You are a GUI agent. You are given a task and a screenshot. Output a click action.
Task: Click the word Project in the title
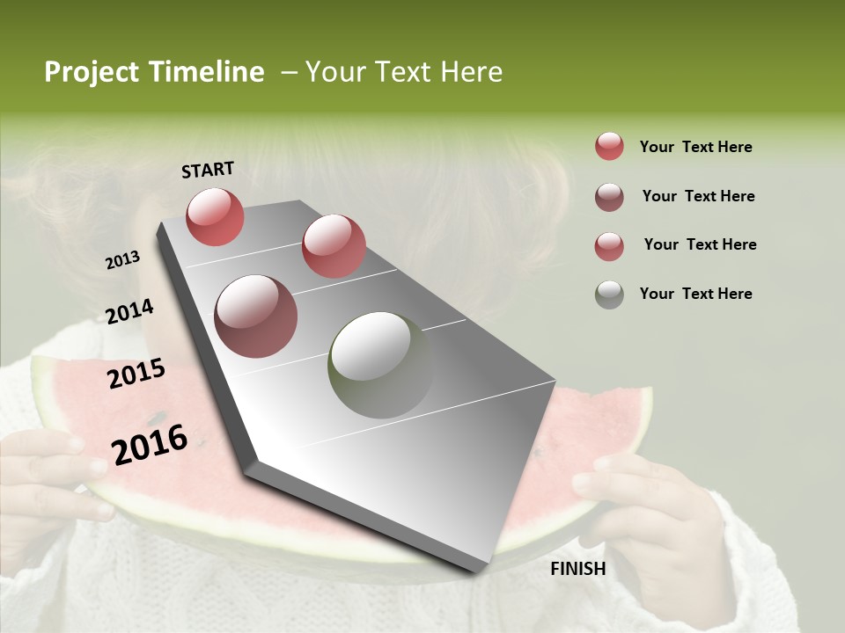[x=89, y=72]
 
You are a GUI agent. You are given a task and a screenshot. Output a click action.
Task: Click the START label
[x=208, y=170]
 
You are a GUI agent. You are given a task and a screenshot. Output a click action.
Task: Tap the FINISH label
[x=578, y=569]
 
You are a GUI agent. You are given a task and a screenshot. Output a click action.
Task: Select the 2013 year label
[x=123, y=260]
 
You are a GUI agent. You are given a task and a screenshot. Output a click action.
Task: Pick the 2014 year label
[x=130, y=311]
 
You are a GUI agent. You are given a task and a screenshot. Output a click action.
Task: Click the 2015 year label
[x=136, y=374]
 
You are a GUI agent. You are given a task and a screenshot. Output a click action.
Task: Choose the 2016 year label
[x=150, y=444]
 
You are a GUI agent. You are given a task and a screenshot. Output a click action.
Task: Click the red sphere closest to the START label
[x=215, y=216]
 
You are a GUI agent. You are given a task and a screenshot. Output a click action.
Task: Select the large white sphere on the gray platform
[x=380, y=365]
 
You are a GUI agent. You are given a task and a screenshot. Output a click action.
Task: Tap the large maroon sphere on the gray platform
[x=256, y=316]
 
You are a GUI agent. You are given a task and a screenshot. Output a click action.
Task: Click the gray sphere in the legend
[x=609, y=295]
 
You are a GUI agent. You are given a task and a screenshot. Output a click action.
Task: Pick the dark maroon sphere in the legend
[x=609, y=197]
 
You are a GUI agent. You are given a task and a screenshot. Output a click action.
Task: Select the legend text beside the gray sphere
[x=695, y=294]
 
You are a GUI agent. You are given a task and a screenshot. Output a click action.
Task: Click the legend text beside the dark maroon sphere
[x=698, y=196]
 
